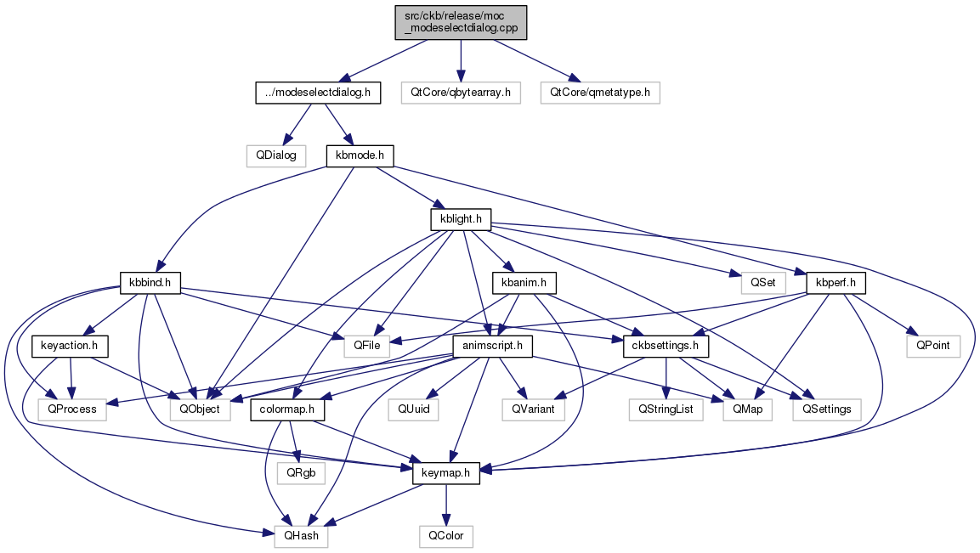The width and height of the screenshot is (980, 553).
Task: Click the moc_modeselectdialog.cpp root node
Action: click(x=461, y=22)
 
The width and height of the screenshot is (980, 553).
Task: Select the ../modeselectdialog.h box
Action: click(x=318, y=93)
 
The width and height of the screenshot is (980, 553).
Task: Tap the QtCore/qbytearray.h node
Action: click(x=461, y=93)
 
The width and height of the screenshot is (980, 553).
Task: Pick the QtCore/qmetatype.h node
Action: click(x=600, y=93)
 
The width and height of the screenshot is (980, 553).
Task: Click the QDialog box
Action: click(x=276, y=155)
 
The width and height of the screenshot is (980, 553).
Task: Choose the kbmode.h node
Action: click(x=360, y=155)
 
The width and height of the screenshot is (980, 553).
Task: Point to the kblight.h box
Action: click(x=462, y=219)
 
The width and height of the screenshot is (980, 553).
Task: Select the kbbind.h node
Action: click(x=150, y=282)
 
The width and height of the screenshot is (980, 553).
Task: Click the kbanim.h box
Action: click(x=524, y=282)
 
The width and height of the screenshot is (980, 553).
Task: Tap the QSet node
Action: click(x=763, y=282)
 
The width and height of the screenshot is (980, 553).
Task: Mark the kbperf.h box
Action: click(x=836, y=282)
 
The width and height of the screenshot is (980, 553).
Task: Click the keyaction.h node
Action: click(x=70, y=346)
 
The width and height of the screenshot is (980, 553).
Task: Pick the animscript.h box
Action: click(x=492, y=346)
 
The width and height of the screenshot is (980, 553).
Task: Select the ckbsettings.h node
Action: click(x=666, y=346)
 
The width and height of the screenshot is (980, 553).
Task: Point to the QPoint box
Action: click(x=933, y=346)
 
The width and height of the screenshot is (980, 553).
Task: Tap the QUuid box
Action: click(x=413, y=409)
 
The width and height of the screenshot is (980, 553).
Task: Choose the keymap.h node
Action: click(x=446, y=473)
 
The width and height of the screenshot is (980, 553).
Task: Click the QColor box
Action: click(x=446, y=536)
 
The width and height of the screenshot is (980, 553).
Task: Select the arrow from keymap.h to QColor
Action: click(x=446, y=505)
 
